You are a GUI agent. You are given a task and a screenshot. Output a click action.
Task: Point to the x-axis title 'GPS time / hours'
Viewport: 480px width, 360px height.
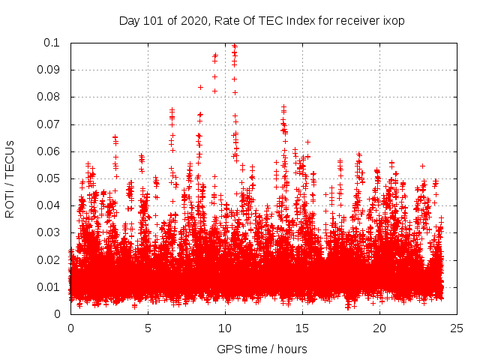pyautogui.click(x=262, y=349)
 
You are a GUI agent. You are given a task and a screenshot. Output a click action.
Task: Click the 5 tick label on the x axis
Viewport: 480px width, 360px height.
pyautogui.click(x=148, y=328)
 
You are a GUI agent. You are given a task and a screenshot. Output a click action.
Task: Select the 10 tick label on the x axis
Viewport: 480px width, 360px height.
pyautogui.click(x=225, y=328)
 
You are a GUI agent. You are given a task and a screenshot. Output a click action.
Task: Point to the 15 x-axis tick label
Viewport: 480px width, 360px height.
pyautogui.click(x=302, y=328)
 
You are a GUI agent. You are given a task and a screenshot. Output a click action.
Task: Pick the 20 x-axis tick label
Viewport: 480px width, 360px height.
pyautogui.click(x=379, y=328)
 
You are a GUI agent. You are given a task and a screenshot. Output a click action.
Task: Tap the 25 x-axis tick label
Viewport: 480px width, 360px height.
pyautogui.click(x=457, y=328)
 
